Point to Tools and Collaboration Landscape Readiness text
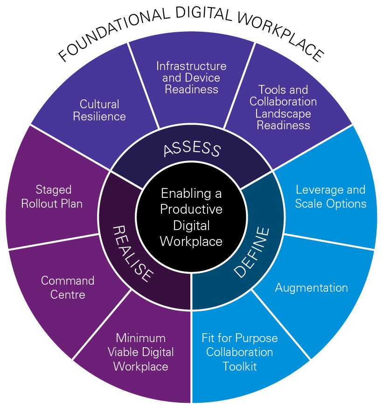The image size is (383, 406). coord(283,107)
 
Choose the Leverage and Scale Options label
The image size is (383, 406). coord(330,196)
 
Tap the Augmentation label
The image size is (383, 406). coord(311,287)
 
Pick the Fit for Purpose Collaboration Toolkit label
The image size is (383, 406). coord(240,351)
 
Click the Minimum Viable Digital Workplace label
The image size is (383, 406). coord(141,352)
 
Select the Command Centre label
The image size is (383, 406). coord(68,287)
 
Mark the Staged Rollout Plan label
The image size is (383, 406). coord(53,196)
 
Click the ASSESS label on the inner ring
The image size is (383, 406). coord(191,149)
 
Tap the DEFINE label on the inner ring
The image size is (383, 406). coord(252,252)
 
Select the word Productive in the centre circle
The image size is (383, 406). coord(191,209)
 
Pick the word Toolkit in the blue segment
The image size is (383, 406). coord(240,366)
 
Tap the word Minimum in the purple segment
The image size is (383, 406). coord(141,337)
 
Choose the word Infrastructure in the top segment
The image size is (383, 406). coord(191,66)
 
